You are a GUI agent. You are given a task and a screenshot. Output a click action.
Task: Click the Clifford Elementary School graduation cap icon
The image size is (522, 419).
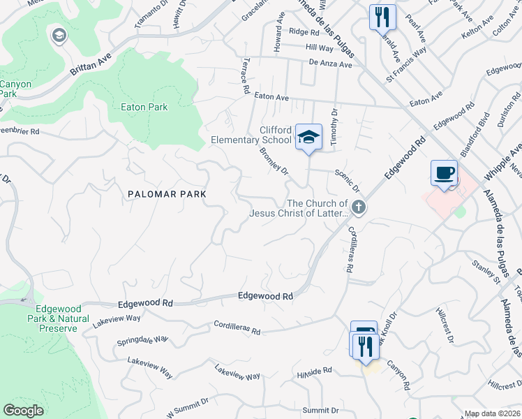click(308, 137)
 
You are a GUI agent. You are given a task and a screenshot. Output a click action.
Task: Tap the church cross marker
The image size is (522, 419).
click(359, 207)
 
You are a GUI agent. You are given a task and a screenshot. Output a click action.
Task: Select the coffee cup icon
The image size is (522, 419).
click(444, 172)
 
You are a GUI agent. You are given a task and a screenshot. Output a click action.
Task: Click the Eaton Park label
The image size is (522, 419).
click(144, 107)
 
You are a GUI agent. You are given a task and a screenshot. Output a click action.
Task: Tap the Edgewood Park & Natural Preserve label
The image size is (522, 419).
click(59, 318)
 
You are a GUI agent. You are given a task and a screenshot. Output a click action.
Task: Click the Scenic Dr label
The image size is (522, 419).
click(347, 181)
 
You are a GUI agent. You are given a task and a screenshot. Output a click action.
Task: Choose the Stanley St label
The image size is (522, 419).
click(486, 272)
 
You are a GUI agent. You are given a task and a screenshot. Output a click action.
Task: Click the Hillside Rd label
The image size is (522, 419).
click(314, 373)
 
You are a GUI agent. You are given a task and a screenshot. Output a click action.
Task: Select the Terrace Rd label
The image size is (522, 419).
click(246, 76)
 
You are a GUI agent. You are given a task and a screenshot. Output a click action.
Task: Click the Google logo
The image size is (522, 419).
click(23, 411)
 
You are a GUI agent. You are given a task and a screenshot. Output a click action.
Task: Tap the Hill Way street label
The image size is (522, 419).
click(320, 47)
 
